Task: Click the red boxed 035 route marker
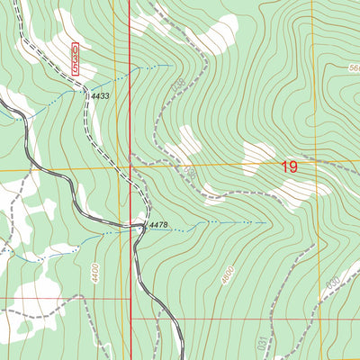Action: [x=76, y=57]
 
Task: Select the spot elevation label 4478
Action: [x=158, y=225]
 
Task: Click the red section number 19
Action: [x=289, y=166]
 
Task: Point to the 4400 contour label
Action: [x=94, y=267]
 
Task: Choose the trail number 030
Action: [x=333, y=285]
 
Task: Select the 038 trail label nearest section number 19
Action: [x=189, y=168]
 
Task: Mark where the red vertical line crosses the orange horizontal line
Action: [x=129, y=167]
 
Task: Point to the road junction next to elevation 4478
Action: [x=142, y=227]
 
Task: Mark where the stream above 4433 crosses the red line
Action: [x=129, y=70]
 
